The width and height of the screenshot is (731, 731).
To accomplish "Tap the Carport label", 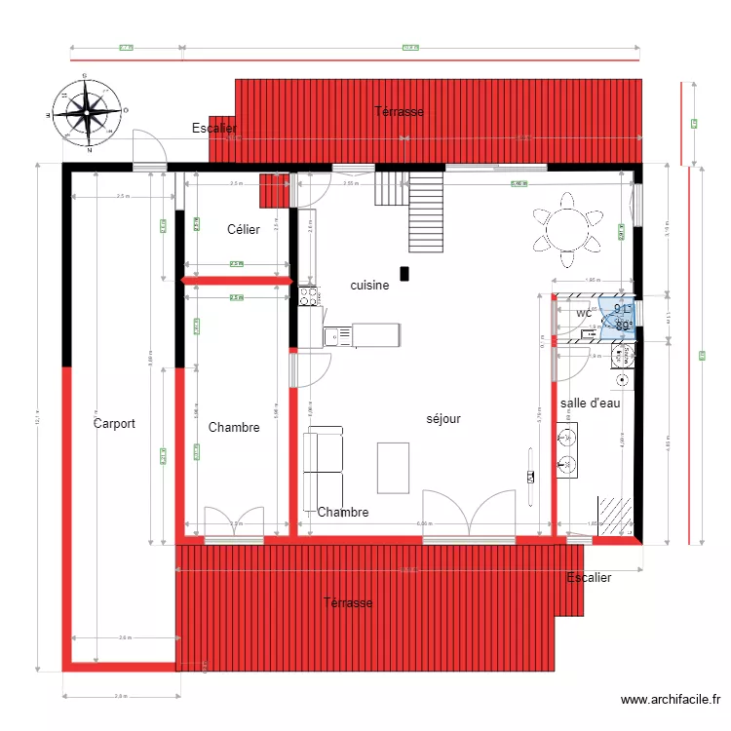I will tap(114, 424).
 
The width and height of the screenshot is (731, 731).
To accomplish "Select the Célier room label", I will tap(244, 230).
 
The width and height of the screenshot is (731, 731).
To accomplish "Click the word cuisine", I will tap(369, 286).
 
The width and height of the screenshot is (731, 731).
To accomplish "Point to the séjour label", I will tap(443, 419).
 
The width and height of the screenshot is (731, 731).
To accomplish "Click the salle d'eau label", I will tap(590, 404).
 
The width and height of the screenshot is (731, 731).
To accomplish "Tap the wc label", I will tap(584, 313).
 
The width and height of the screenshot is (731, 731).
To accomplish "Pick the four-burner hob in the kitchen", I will tap(309, 295).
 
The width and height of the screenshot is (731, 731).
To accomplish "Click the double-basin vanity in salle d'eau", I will tap(565, 451).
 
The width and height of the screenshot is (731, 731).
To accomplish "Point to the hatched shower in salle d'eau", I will tap(615, 515).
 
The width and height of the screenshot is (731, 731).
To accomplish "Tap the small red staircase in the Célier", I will tap(276, 191).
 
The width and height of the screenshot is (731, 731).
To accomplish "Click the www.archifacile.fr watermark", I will tap(670, 700).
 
